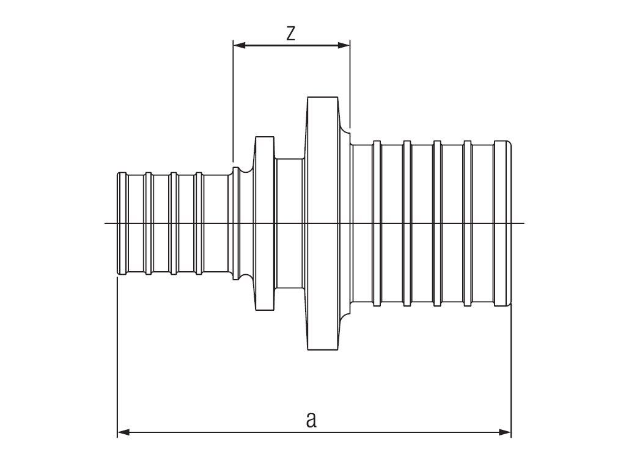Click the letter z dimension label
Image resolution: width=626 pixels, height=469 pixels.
pyautogui.click(x=291, y=33)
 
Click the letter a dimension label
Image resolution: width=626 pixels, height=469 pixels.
pyautogui.click(x=312, y=420)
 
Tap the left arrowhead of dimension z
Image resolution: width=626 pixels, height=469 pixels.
pyautogui.click(x=239, y=45)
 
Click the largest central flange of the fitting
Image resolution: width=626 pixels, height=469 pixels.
pyautogui.click(x=322, y=224)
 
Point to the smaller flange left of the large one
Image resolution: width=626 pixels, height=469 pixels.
pyautogui.click(x=264, y=224)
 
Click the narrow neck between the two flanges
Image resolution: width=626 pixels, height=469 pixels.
pyautogui.click(x=290, y=224)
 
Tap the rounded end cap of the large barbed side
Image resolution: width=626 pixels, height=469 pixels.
pyautogui.click(x=503, y=224)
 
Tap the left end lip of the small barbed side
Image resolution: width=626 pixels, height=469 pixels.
pyautogui.click(x=121, y=224)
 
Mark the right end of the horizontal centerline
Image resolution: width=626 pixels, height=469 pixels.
pyautogui.click(x=523, y=224)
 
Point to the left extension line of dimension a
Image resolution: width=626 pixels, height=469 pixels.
pyautogui.click(x=117, y=354)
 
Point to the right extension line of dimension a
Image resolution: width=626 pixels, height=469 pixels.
pyautogui.click(x=511, y=366)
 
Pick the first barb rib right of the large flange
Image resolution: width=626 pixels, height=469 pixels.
pyautogui.click(x=377, y=224)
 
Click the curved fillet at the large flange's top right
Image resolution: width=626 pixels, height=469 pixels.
pyautogui.click(x=345, y=126)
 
